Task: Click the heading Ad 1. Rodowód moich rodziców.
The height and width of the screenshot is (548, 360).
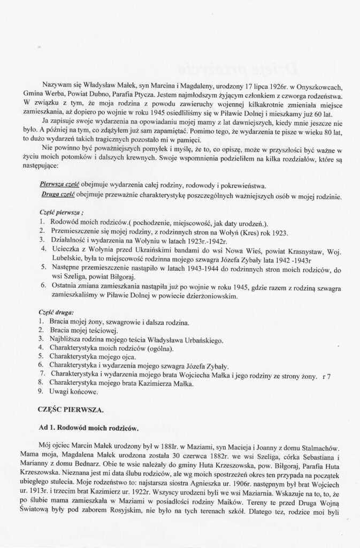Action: point(89,428)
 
